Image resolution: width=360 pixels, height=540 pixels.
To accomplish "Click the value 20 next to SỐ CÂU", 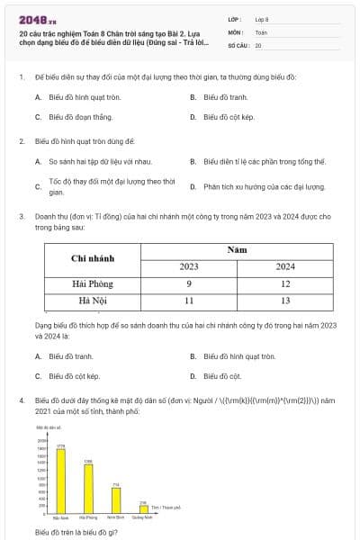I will tap(258, 45).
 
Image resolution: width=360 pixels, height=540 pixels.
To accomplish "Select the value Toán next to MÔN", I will tap(261, 31).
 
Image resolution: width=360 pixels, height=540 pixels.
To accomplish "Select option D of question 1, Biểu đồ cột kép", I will tap(229, 117).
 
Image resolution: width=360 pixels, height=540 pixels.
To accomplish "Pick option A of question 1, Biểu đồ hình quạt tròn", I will tap(77, 96).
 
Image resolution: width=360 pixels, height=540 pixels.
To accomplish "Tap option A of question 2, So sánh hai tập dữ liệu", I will tap(92, 162).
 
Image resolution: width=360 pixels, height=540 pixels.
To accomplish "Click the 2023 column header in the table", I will tap(189, 267).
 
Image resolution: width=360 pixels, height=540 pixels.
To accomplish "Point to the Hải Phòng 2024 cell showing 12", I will tap(284, 283).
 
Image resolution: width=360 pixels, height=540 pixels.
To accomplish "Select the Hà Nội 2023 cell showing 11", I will tap(189, 300).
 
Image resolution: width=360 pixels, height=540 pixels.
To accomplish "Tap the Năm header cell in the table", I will tap(237, 248).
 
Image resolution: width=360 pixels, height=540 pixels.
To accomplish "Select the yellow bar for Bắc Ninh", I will tap(61, 481).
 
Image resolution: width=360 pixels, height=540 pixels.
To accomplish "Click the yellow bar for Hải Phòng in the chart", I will tap(88, 490).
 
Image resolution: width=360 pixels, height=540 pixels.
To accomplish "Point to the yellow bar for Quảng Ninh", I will tap(143, 510).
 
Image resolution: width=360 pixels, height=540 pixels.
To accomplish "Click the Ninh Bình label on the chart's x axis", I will tap(115, 518).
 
